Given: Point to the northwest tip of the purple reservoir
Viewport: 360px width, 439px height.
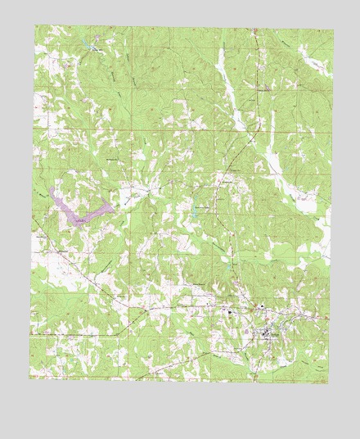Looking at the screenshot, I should [x=51, y=188].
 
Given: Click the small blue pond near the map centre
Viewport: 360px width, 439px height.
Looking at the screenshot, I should [x=196, y=215].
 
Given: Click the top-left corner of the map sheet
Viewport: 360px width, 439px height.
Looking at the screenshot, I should [x=35, y=25].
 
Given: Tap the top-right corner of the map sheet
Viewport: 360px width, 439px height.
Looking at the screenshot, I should [x=333, y=30].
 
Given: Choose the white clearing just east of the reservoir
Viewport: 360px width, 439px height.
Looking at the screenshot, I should [x=129, y=197].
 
